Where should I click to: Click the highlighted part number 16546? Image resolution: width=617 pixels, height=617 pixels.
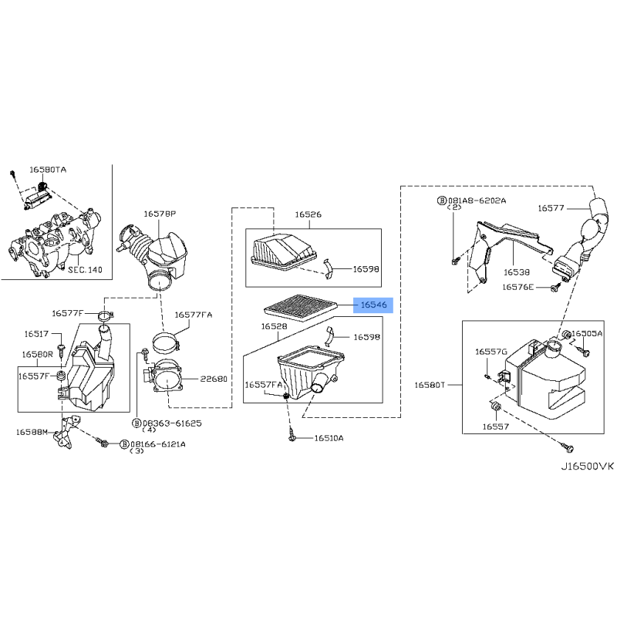coord(373,305)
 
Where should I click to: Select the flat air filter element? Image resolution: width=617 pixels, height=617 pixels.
coord(301,308)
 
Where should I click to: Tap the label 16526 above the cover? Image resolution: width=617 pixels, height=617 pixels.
coord(308,214)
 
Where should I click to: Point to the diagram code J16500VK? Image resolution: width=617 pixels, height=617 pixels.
coord(587,467)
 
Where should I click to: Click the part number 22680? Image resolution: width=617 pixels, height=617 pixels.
coord(214,379)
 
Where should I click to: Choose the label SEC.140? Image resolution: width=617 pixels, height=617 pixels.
coord(85,270)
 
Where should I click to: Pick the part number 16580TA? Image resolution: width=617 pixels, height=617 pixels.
coord(48,170)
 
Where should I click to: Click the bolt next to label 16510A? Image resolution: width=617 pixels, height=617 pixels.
coord(292,436)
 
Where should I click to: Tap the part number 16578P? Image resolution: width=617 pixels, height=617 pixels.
coord(160,214)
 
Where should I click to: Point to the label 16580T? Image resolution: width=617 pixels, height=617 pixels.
coord(430,385)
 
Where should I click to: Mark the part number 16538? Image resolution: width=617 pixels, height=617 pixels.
coord(517,272)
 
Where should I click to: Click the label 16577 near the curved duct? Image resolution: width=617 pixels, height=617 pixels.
coord(551,207)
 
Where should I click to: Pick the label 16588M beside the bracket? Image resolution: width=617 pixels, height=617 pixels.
coord(32,432)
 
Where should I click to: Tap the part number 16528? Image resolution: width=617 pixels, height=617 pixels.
coord(275,326)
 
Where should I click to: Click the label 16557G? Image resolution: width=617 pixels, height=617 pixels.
coord(491,352)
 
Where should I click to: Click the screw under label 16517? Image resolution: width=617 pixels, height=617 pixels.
coord(61,350)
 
